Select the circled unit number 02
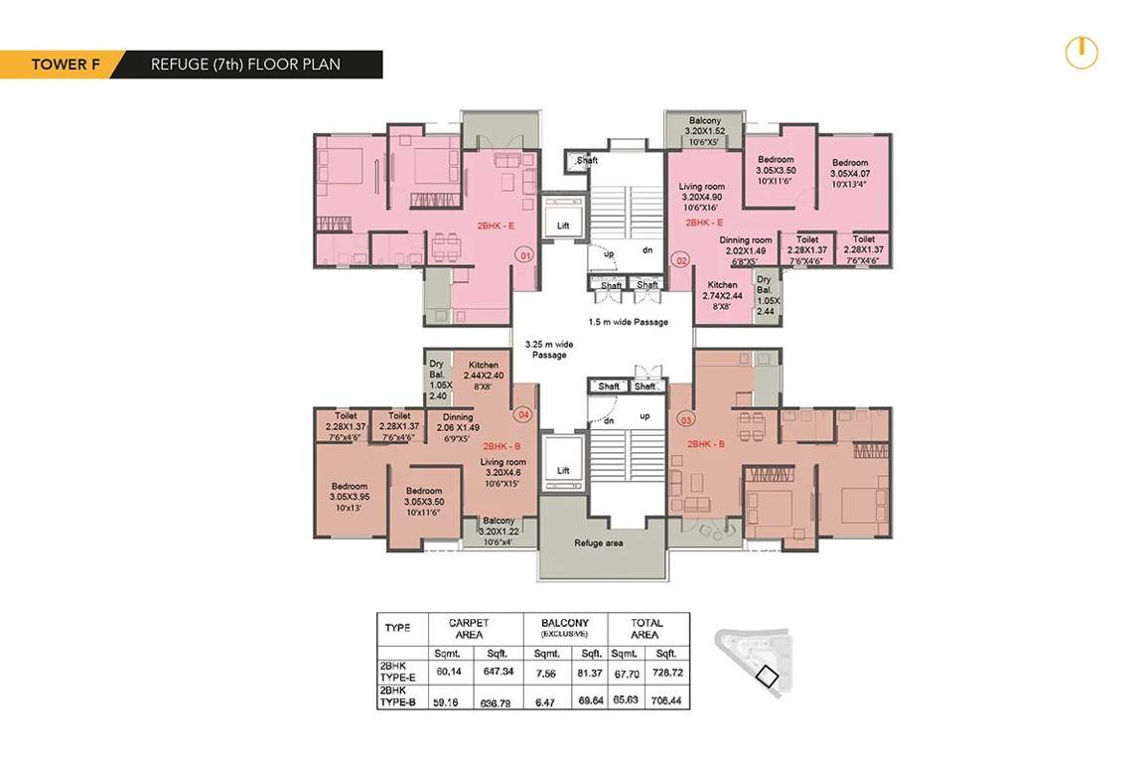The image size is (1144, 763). pyautogui.click(x=681, y=260)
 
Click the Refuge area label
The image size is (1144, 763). pyautogui.click(x=598, y=543)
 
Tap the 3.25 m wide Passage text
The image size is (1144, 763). pyautogui.click(x=547, y=348)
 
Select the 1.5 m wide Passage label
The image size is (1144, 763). pyautogui.click(x=628, y=322)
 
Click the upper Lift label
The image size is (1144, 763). pyautogui.click(x=563, y=226)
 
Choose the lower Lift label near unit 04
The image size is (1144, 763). pyautogui.click(x=563, y=470)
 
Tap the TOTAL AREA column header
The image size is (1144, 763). pyautogui.click(x=644, y=628)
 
